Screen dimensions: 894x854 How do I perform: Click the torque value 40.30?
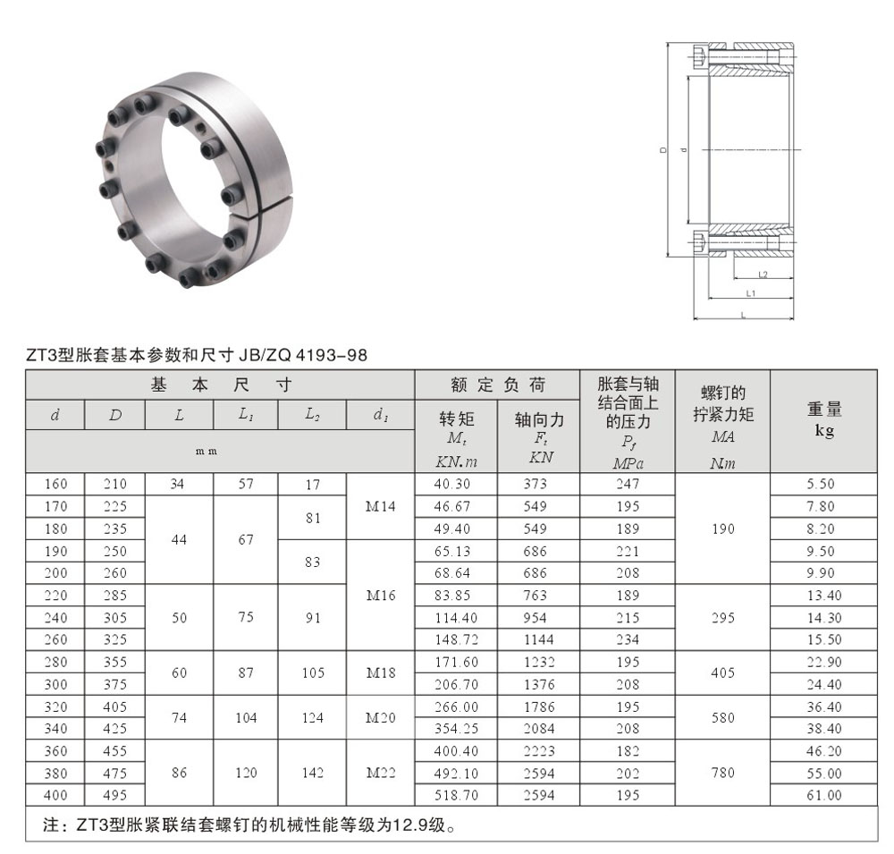[x=452, y=484]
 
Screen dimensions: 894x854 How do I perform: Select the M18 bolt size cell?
[x=381, y=672]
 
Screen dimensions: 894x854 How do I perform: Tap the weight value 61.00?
[x=824, y=795]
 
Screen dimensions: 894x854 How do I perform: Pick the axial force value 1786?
[x=539, y=706]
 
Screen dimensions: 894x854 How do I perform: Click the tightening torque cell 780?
[x=723, y=773]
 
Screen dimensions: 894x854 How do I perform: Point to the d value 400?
[x=55, y=795]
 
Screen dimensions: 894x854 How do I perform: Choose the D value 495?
[x=114, y=795]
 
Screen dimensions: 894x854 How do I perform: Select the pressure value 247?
[x=628, y=484]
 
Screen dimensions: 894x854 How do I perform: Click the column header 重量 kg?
[x=824, y=419]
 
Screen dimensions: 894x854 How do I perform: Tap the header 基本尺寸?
[x=221, y=385]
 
